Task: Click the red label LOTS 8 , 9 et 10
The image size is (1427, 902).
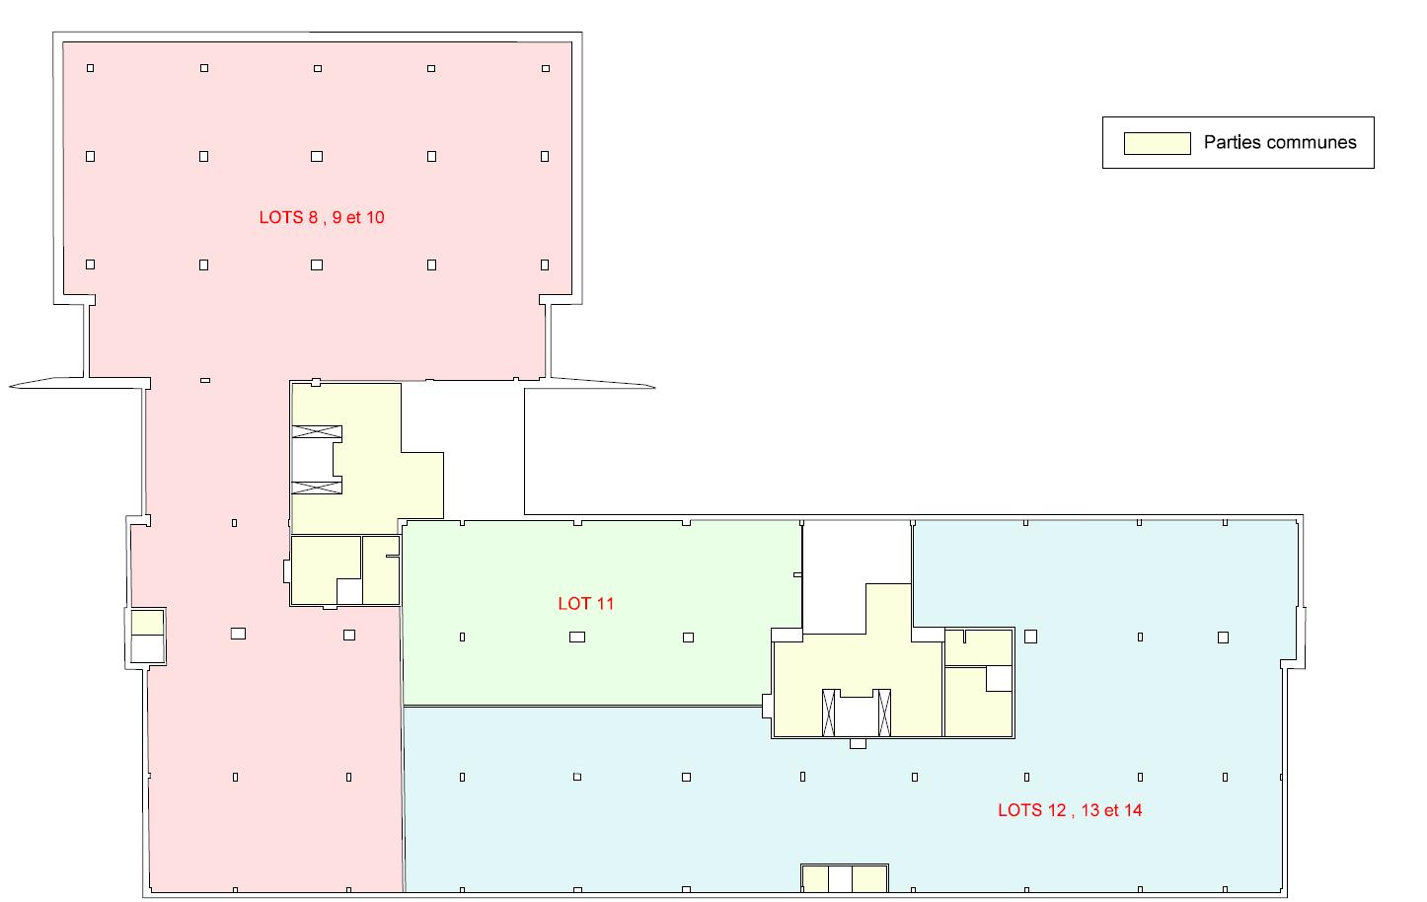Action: point(322,217)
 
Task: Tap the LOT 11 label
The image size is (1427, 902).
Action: point(586,603)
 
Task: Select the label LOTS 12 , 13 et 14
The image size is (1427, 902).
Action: point(1070,810)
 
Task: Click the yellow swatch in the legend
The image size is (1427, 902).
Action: point(1157,143)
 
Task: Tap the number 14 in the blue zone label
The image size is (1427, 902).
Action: point(1132,810)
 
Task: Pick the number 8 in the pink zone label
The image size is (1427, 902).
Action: point(313,217)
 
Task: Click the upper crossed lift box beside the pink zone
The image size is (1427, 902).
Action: point(318,433)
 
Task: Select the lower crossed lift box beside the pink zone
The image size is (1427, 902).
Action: point(318,486)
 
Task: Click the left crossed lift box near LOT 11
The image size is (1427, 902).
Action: point(829,713)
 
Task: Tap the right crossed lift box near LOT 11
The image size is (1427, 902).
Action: point(883,713)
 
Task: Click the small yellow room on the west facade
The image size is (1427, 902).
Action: point(147,623)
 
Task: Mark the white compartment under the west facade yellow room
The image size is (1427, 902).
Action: point(147,648)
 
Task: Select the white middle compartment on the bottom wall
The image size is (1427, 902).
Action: point(839,878)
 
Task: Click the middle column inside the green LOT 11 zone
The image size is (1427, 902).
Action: point(577,638)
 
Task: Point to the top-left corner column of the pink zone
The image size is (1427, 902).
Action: point(91,68)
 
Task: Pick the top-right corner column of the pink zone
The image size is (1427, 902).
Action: point(546,68)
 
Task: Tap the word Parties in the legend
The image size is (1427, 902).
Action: point(1232,142)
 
